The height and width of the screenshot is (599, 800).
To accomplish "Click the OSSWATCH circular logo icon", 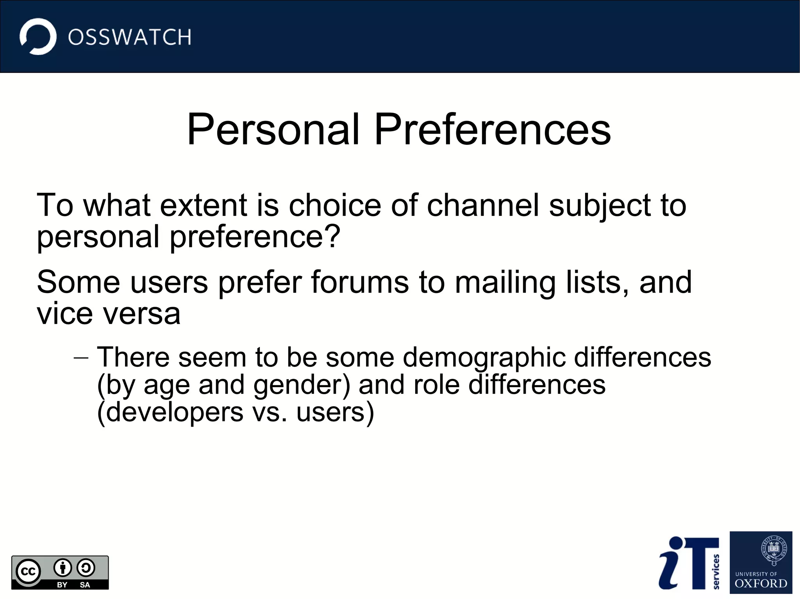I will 38,37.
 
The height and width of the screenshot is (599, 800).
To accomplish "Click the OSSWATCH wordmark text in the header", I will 130,37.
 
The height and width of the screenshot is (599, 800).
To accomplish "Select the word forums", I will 359,282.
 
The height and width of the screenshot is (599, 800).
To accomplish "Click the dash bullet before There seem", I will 81,357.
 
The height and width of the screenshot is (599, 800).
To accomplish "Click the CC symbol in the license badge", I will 28,572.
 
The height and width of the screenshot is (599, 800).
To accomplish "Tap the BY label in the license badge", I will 62,585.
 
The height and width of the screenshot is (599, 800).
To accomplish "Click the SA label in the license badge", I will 85,585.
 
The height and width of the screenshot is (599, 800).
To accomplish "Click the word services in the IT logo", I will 716,571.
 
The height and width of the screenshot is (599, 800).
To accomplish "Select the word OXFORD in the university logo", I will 761,583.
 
